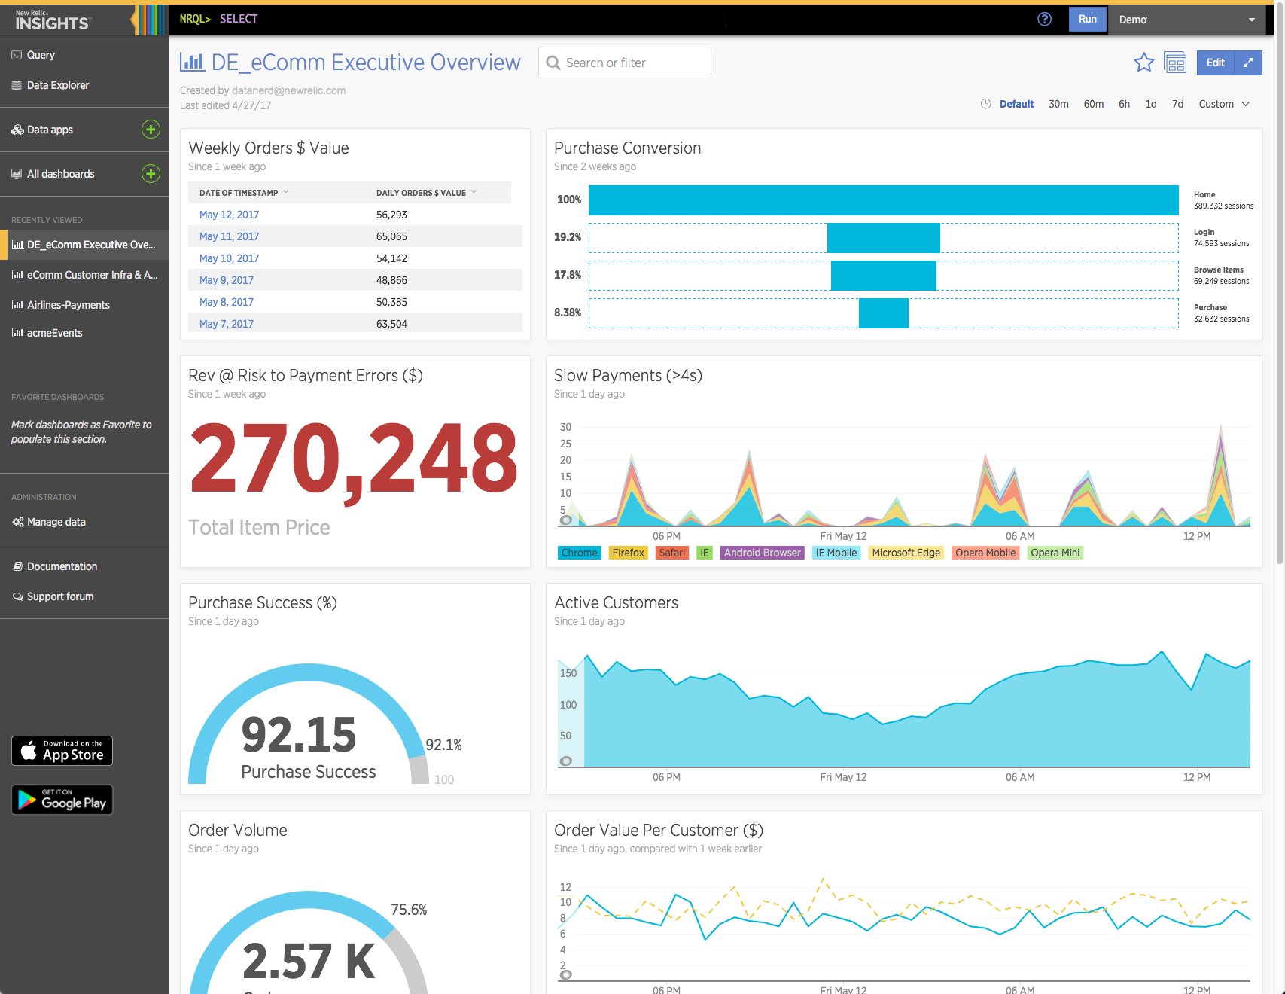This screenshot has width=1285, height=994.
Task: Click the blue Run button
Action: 1087,20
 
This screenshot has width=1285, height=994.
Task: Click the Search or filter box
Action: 625,63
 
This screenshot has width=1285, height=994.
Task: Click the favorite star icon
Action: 1143,63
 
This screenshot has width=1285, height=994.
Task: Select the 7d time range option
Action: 1177,104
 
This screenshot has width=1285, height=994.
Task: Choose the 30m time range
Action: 1058,104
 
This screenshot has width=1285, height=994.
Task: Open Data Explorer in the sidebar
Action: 57,85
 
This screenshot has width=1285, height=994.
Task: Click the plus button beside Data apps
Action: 151,130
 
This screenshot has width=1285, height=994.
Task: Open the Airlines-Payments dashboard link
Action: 68,305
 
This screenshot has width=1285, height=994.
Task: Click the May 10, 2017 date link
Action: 229,258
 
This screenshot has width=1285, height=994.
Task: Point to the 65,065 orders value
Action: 391,236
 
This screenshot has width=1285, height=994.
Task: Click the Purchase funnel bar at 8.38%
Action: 883,313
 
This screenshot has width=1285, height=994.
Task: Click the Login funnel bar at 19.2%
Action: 883,238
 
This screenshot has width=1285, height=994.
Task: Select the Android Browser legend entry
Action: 762,553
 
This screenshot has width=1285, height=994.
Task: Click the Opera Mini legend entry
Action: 1055,553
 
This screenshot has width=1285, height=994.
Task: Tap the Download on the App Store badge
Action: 62,751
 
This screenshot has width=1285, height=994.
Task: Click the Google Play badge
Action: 62,800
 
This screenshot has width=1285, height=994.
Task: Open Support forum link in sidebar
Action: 60,596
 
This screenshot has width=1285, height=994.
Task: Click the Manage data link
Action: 56,522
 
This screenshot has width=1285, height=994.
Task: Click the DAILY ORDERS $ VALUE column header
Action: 422,193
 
